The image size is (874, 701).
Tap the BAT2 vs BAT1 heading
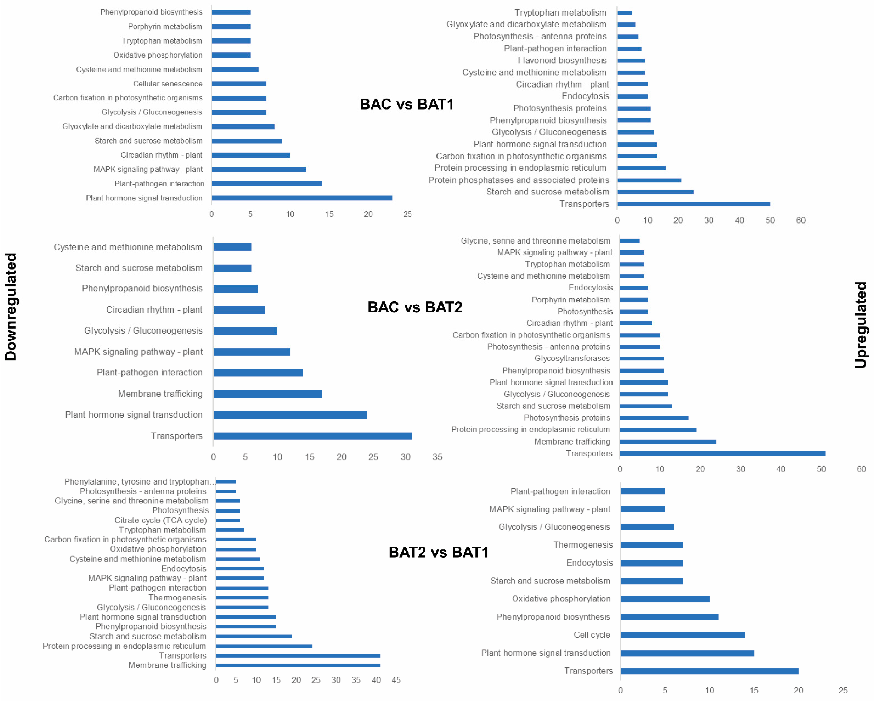tap(438, 552)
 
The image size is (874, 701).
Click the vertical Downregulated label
tap(11, 307)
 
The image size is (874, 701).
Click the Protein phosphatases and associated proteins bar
tap(649, 180)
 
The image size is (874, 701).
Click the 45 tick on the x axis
tap(396, 680)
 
